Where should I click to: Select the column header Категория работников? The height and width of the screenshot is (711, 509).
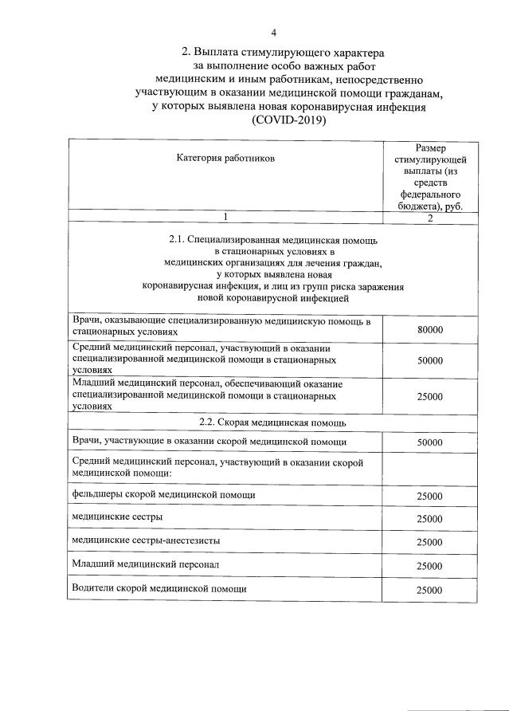coord(225,159)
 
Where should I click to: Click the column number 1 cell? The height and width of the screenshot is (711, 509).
coord(225,218)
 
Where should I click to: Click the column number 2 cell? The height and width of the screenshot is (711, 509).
coord(429,218)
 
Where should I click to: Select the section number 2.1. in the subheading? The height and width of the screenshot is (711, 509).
coord(182,239)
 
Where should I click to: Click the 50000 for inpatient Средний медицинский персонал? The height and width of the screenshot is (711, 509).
coord(429,360)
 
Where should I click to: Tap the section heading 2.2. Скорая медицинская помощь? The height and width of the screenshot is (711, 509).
coord(272,422)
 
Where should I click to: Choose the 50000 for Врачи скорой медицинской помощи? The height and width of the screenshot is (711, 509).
coord(429,442)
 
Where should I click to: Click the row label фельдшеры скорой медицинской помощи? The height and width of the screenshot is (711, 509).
coord(163,495)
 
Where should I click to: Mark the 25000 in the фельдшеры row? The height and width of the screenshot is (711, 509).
coord(429,496)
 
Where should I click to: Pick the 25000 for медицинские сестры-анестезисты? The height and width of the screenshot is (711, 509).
coord(429,542)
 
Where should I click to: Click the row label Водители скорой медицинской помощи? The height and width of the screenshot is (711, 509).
coord(159,588)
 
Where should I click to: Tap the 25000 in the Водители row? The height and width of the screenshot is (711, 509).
coord(429,590)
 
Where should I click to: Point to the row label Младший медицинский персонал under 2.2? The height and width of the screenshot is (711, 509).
coord(145,564)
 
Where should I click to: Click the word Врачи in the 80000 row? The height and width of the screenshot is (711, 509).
coord(85,320)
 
